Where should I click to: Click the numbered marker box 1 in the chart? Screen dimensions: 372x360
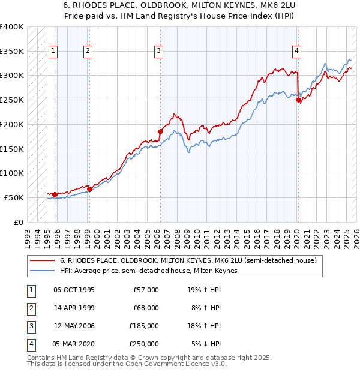click(53, 52)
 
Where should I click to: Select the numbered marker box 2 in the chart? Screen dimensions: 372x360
click(88, 52)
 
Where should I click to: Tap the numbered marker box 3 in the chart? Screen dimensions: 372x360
click(159, 52)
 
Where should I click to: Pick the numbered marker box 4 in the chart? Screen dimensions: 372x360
click(296, 52)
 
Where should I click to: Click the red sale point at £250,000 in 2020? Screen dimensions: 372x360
click(299, 100)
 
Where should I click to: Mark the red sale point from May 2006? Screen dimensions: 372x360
click(160, 131)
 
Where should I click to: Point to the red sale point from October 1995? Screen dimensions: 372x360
click(55, 194)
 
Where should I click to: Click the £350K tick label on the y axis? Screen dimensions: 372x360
click(12, 51)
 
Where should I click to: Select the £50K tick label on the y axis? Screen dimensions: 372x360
click(14, 197)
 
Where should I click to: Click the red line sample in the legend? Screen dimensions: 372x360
click(42, 260)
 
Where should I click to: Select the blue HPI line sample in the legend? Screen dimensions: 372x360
click(42, 271)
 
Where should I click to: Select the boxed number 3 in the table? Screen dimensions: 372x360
click(31, 326)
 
